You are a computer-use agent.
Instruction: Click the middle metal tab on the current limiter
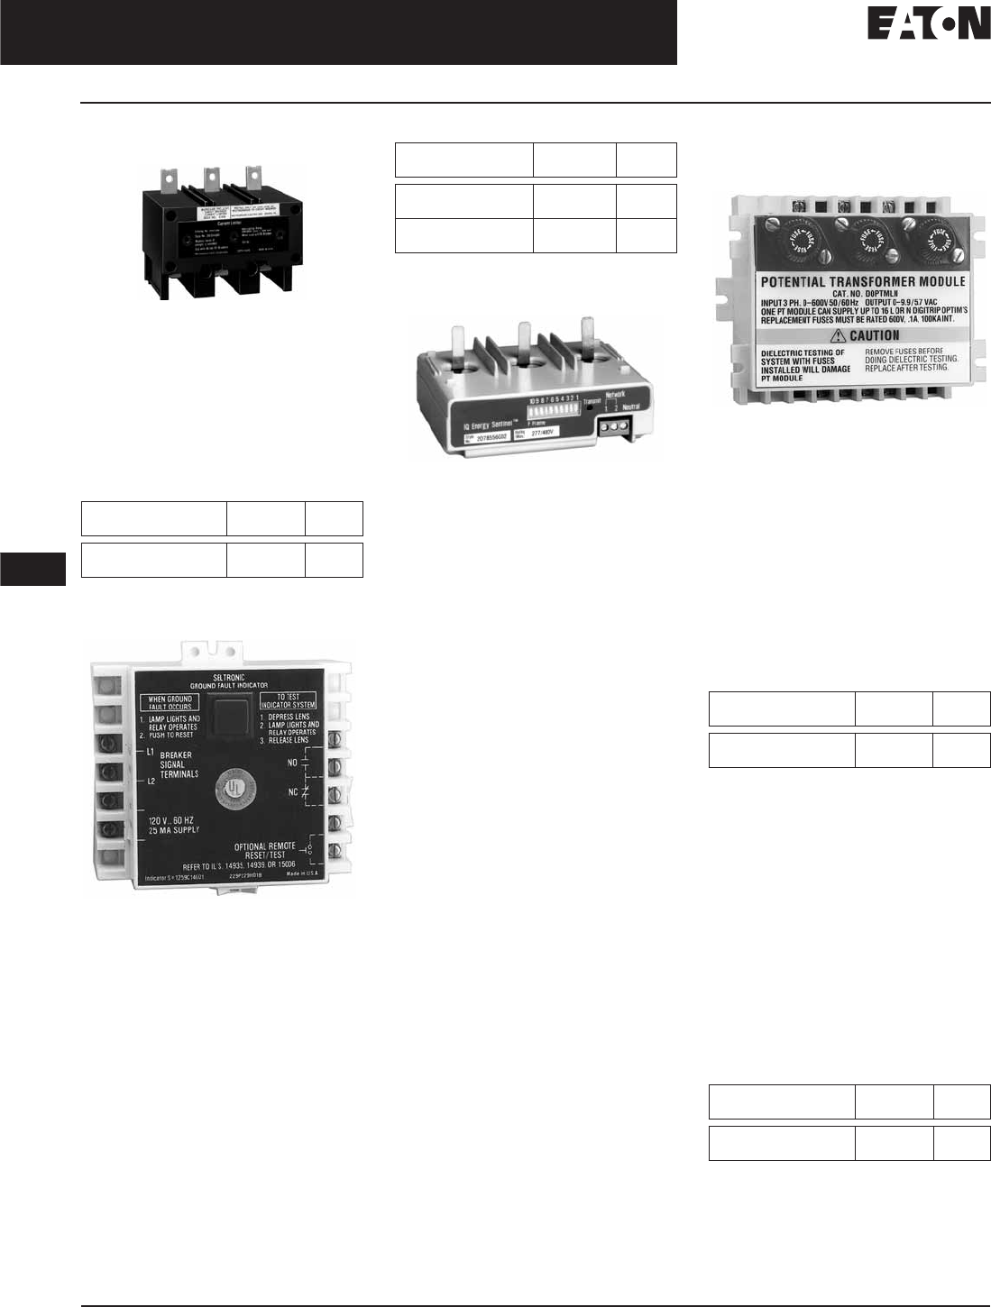212,175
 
